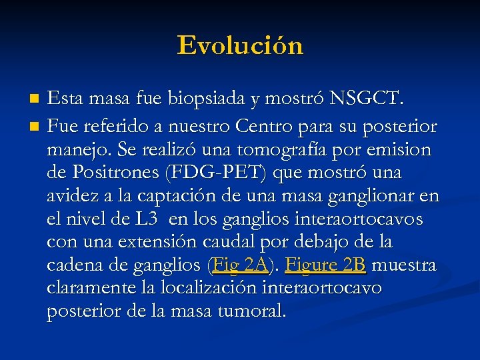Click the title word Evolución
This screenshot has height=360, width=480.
pyautogui.click(x=240, y=45)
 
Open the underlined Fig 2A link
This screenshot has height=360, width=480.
pyautogui.click(x=239, y=265)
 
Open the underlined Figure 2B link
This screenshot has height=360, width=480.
pyautogui.click(x=325, y=265)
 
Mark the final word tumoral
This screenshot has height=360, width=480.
pyautogui.click(x=253, y=311)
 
